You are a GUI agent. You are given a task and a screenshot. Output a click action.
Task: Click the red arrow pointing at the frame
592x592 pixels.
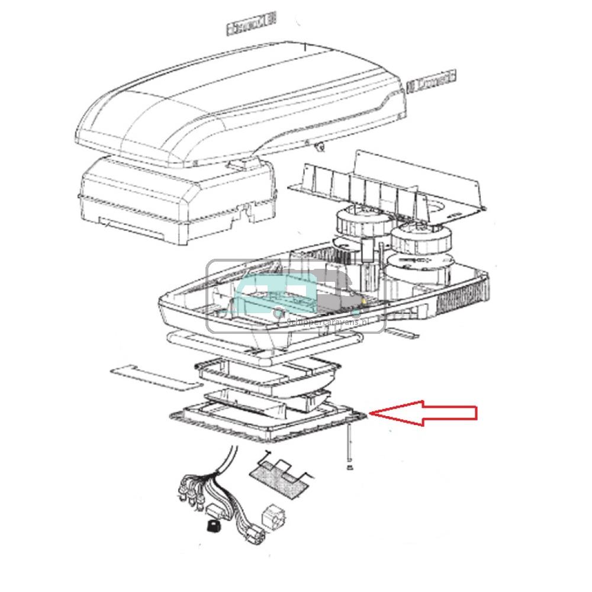click(x=423, y=413)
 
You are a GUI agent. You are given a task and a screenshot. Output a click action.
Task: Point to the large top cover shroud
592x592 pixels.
click(x=237, y=101)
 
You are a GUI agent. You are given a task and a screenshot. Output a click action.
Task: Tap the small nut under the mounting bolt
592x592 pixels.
click(x=350, y=468)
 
